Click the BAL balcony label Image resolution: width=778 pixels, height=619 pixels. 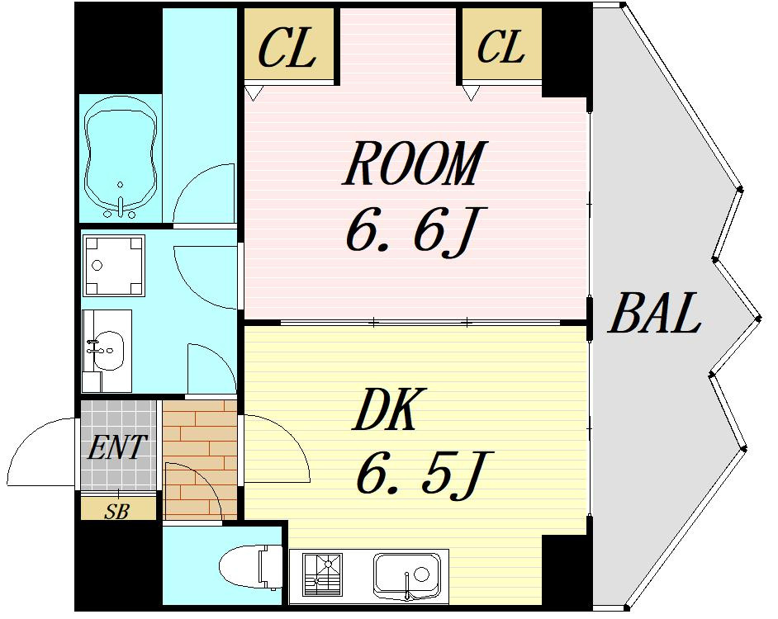tap(654, 313)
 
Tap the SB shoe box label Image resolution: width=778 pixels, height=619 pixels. tap(117, 511)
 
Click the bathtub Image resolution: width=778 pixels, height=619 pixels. tap(121, 158)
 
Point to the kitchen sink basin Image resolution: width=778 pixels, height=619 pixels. tap(407, 575)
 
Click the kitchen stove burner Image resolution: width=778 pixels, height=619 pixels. tap(322, 575)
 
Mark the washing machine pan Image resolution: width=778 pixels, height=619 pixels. tap(114, 266)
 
